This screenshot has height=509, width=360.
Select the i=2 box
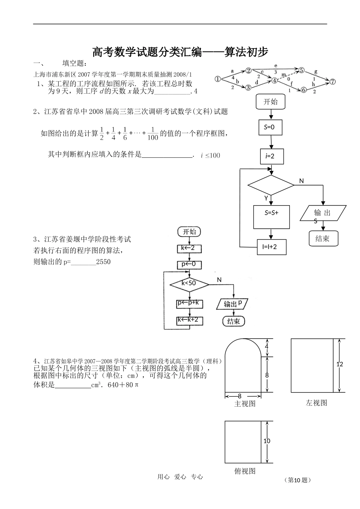coord(272,156)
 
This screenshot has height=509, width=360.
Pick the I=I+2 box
coord(272,247)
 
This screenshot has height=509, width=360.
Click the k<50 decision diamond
coord(189,283)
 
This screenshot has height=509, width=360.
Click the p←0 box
coord(189,264)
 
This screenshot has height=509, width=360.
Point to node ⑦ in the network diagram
coord(332,82)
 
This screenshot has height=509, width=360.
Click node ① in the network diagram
coord(218,79)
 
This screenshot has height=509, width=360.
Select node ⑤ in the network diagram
coord(302,70)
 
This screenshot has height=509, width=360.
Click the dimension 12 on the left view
coord(340,364)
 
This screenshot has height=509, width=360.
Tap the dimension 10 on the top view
coord(267,441)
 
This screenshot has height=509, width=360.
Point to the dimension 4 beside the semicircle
coord(266,347)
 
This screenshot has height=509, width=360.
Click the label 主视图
coord(245,404)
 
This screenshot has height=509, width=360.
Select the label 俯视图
coord(245,471)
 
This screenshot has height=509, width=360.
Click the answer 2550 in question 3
coord(103,262)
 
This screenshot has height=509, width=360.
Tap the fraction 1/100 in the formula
coord(152,134)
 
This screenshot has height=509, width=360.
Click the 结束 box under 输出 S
coord(322,239)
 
